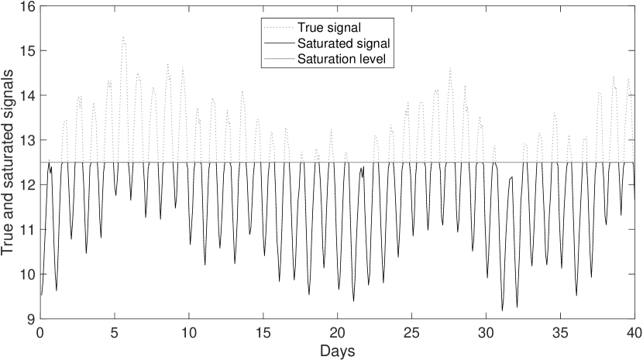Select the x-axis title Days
[x=337, y=351]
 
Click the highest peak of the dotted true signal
[x=123, y=37]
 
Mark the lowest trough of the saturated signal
[x=502, y=310]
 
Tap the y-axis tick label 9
[x=28, y=319]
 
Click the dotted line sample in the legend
[x=278, y=27]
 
